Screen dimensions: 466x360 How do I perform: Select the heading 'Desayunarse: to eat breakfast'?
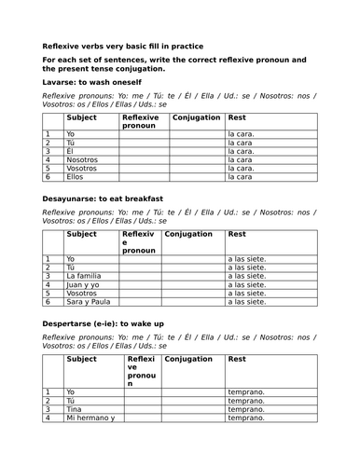[103, 199]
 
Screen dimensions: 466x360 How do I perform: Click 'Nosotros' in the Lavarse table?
[82, 159]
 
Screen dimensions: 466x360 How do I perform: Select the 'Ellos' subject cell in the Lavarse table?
[76, 176]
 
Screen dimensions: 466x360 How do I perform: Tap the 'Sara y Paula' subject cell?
[87, 302]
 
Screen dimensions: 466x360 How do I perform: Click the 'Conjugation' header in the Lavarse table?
[197, 118]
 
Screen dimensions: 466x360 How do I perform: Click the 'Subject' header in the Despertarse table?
[82, 358]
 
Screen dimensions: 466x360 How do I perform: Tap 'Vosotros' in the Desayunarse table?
[82, 293]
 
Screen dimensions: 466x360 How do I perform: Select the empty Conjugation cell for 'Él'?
[197, 151]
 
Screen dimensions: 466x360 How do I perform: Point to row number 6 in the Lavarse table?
[48, 176]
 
